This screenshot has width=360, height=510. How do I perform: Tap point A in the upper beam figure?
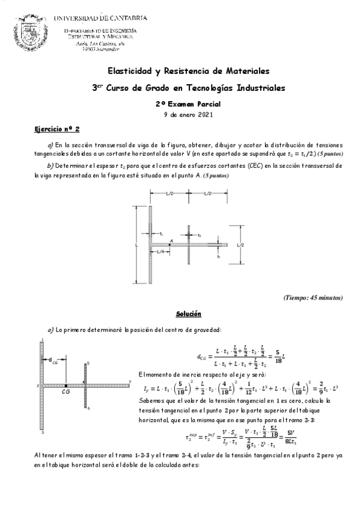click(172, 239)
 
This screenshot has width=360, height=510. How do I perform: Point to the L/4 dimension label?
click(160, 251)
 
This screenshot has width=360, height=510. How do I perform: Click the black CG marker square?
click(66, 384)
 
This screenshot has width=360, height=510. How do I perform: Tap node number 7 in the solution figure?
click(130, 381)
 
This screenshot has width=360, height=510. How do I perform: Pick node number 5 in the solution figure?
click(88, 363)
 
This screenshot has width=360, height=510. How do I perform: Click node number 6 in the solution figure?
click(88, 408)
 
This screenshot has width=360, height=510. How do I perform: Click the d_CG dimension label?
click(53, 361)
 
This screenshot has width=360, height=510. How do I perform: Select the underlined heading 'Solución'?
click(188, 315)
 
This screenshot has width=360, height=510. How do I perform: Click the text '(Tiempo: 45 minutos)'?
click(313, 298)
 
